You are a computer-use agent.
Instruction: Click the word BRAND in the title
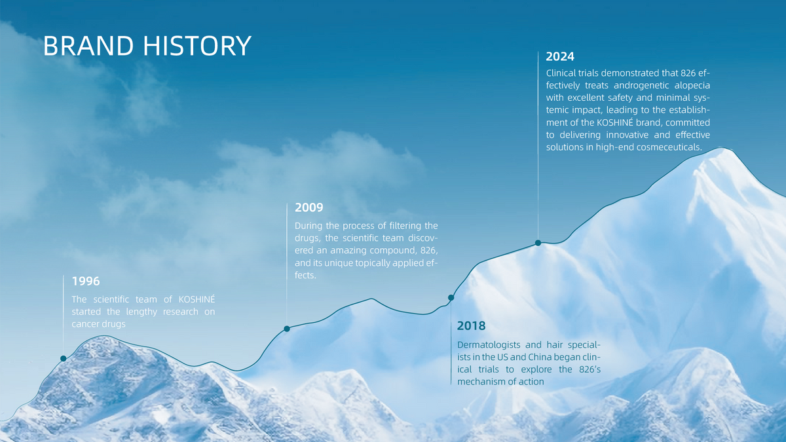tap(88, 46)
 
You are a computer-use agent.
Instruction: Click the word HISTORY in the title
tap(197, 46)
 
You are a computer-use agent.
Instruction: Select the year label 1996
tap(86, 281)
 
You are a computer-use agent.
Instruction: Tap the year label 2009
tap(309, 208)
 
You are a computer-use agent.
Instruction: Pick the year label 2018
tap(471, 325)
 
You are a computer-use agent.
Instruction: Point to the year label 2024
tap(560, 56)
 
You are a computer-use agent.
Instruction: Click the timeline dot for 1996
tap(63, 358)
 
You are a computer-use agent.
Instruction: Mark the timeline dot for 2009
tap(287, 329)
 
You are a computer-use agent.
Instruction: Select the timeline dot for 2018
tap(451, 297)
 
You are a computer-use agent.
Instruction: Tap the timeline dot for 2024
tap(538, 243)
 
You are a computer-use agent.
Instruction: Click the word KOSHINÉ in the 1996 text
tap(196, 299)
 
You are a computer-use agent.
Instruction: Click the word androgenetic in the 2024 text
tap(641, 86)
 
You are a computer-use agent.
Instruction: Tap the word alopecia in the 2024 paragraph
tap(692, 86)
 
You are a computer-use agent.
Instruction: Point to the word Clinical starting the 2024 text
tap(561, 73)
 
